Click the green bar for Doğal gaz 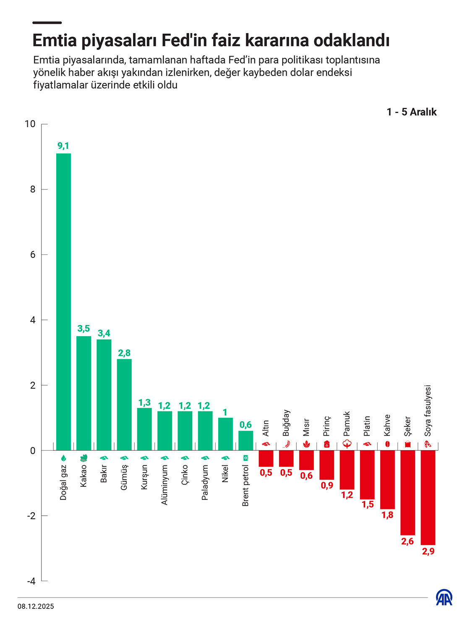click(x=63, y=302)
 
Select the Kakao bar click(x=84, y=393)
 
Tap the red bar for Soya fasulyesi click(x=428, y=497)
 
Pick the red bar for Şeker click(x=407, y=493)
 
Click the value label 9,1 click(x=63, y=146)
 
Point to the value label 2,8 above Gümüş click(x=124, y=353)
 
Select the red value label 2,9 click(x=428, y=551)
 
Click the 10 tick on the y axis click(x=30, y=124)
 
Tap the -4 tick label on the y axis click(x=31, y=581)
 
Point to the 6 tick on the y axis click(x=33, y=255)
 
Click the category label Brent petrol click(x=245, y=485)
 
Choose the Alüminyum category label click(x=164, y=484)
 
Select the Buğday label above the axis click(x=286, y=423)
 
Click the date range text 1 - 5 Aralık click(x=411, y=112)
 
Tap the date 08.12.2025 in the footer click(x=36, y=606)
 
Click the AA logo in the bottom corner click(x=444, y=597)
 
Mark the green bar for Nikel click(x=225, y=434)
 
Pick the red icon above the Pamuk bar click(x=347, y=444)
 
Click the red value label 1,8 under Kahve click(x=387, y=515)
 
